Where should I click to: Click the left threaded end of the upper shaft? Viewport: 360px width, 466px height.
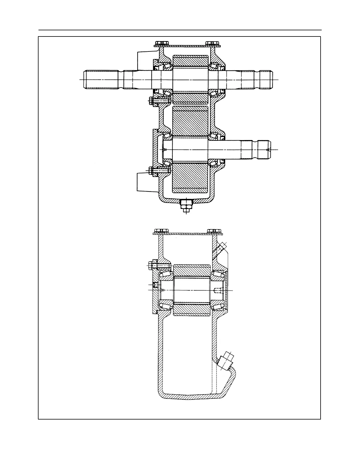click(101, 80)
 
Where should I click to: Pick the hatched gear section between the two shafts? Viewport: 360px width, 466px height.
click(190, 121)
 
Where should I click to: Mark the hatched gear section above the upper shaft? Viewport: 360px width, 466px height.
click(190, 61)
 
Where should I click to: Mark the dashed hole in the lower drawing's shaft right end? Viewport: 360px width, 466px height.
click(217, 291)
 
